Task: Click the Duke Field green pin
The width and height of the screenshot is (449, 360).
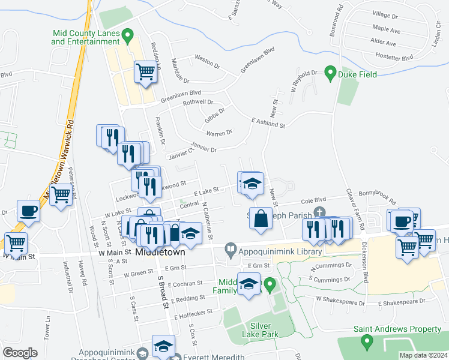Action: coord(329,74)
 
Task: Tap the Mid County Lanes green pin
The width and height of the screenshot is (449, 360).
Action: coord(127,36)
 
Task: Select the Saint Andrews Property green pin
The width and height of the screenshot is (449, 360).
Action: coord(367,341)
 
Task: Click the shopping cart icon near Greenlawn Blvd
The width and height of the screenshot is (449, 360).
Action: coord(145,73)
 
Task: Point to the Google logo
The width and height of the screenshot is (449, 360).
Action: coord(20,353)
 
